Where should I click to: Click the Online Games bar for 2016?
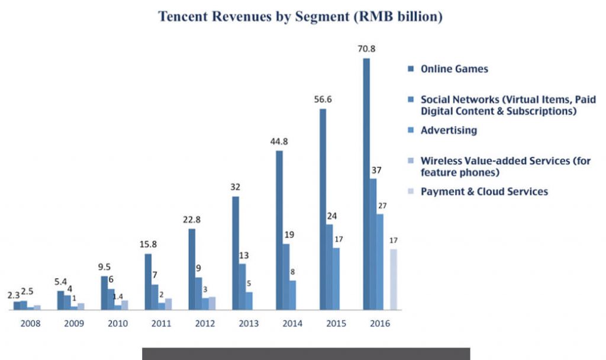pyautogui.click(x=366, y=184)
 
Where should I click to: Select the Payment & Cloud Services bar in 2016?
pyautogui.click(x=394, y=279)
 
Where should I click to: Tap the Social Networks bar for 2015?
pyautogui.click(x=330, y=266)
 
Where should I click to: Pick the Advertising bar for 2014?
pyautogui.click(x=292, y=294)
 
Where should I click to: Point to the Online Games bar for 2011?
pyautogui.click(x=148, y=281)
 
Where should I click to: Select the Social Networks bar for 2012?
pyautogui.click(x=198, y=293)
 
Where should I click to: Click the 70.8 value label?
pyautogui.click(x=367, y=50)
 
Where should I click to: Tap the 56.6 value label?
pyautogui.click(x=323, y=99)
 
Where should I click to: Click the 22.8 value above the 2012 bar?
pyautogui.click(x=192, y=219)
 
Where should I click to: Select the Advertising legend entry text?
pyautogui.click(x=449, y=130)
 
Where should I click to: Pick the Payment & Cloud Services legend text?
pyautogui.click(x=484, y=192)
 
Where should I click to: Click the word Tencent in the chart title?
pyautogui.click(x=185, y=17)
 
